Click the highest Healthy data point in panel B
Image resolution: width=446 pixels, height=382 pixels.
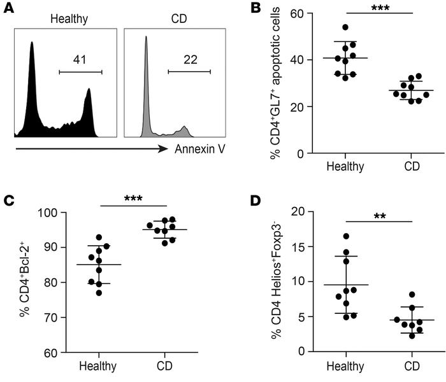[346, 27]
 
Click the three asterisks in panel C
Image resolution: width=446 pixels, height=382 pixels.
[132, 198]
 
